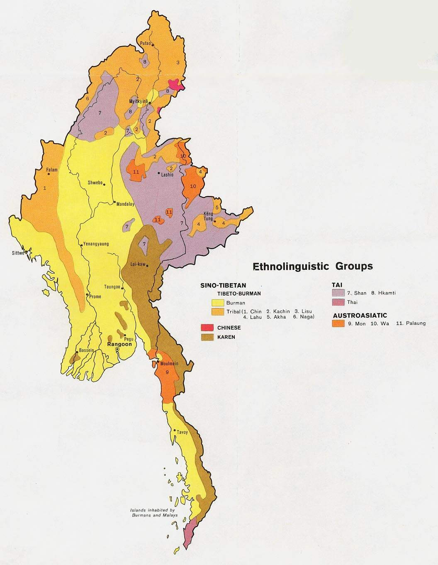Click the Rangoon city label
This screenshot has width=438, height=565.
(x=119, y=344)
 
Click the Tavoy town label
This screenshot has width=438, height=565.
(x=183, y=432)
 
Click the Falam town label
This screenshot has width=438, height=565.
(x=52, y=170)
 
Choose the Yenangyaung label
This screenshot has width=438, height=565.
(x=96, y=244)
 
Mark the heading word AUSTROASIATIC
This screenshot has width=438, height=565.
(x=359, y=315)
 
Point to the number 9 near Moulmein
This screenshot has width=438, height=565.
(x=167, y=372)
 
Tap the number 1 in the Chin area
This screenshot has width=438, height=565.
(x=45, y=188)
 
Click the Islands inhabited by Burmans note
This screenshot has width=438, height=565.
(x=153, y=512)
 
